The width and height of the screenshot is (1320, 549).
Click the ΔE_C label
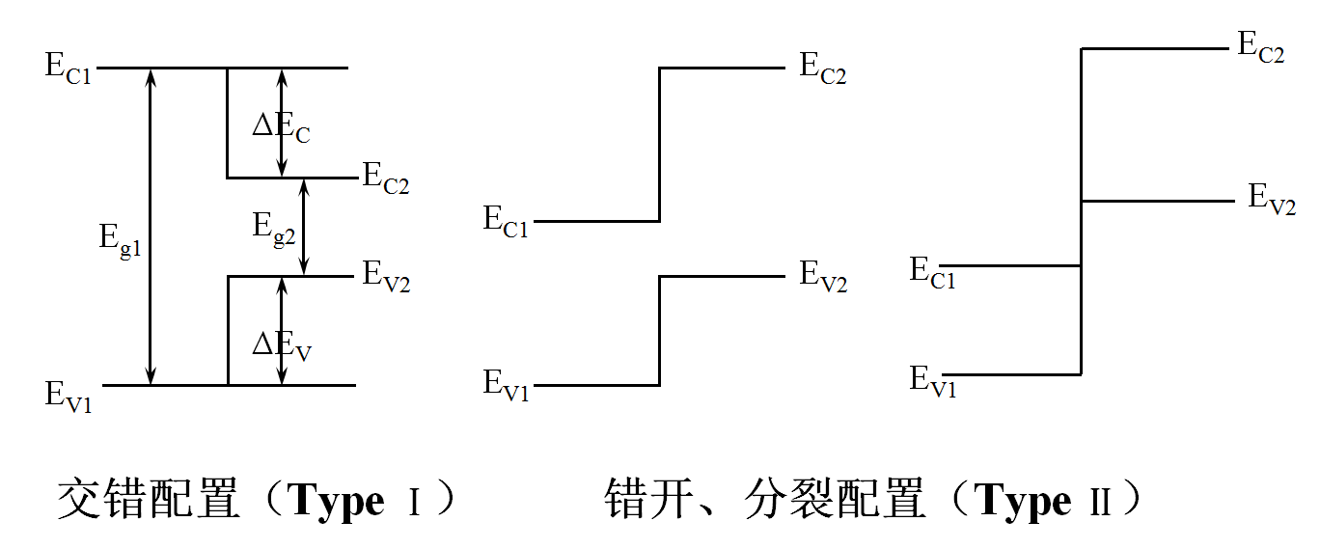tap(281, 127)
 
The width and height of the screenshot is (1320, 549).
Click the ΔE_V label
tap(282, 344)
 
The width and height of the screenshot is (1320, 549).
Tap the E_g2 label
tap(274, 229)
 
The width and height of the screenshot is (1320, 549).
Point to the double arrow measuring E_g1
tap(151, 227)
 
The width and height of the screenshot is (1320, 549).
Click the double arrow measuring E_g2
tap(304, 228)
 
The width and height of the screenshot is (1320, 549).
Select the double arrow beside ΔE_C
tap(282, 123)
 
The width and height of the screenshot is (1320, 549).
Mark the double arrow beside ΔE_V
tap(282, 331)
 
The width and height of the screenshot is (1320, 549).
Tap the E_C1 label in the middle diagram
tap(506, 222)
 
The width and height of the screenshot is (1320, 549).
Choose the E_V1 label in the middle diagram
tap(506, 384)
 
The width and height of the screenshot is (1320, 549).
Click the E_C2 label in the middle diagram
tap(822, 69)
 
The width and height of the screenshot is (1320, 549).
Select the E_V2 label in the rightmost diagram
tap(1272, 200)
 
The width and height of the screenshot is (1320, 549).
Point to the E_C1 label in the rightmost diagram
tap(932, 272)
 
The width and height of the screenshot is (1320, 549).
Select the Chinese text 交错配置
tap(149, 501)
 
